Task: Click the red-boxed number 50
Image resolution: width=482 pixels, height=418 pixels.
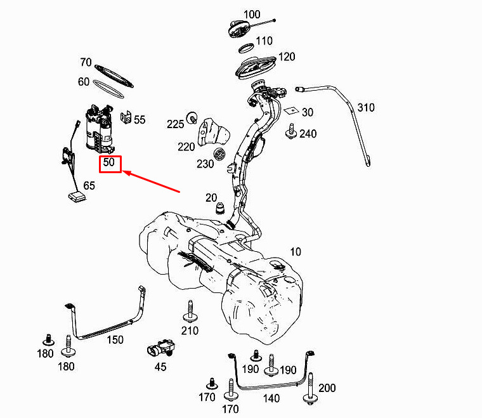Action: point(109,162)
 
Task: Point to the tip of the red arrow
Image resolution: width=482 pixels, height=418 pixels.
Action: point(123,171)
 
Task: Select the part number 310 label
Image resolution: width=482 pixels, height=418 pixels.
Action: point(366,108)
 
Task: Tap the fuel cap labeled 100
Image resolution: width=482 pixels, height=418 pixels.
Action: point(239,29)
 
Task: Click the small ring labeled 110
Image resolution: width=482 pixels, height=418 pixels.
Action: point(247,48)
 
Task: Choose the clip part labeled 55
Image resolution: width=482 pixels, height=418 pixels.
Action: point(126,118)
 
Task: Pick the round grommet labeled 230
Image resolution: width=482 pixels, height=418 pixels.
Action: point(219,153)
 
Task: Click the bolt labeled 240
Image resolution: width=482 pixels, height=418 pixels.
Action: point(291,131)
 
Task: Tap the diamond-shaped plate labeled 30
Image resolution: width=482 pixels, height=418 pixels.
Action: point(291,110)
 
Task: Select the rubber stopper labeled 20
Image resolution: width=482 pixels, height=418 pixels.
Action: point(220,209)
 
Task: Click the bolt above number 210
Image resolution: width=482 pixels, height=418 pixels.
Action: point(190,311)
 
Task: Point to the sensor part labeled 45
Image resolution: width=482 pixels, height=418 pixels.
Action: point(160,348)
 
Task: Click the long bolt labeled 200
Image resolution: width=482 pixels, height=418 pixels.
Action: point(311,388)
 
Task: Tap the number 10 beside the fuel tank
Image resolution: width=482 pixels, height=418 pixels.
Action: point(296,252)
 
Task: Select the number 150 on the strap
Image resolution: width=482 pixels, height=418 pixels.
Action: point(115,339)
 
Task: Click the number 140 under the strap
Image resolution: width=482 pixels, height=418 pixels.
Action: point(271,398)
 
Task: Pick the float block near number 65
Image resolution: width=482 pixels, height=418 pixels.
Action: point(77,197)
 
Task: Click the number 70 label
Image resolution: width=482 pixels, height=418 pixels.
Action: point(86,62)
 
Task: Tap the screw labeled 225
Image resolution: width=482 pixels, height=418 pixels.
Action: point(192,118)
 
